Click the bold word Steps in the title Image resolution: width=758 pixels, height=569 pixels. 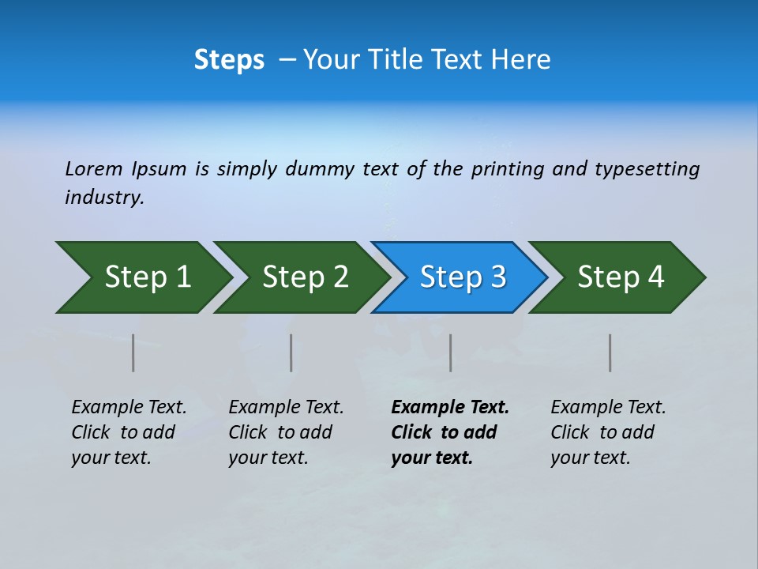[229, 60]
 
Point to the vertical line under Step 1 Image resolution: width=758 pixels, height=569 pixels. [133, 352]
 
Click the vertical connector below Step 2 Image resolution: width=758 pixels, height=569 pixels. [291, 352]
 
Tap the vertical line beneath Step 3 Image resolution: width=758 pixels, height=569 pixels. [450, 352]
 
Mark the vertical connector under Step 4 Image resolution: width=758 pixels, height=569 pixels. [610, 352]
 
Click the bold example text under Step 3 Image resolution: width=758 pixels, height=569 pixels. [449, 432]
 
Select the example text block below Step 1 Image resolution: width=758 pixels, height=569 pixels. [129, 432]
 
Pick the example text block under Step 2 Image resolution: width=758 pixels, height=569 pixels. [286, 432]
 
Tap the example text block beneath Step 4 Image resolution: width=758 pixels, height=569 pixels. [608, 432]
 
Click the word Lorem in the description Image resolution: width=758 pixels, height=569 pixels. [94, 169]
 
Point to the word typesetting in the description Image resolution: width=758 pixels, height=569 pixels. [647, 169]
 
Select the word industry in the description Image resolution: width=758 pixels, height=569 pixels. [103, 198]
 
